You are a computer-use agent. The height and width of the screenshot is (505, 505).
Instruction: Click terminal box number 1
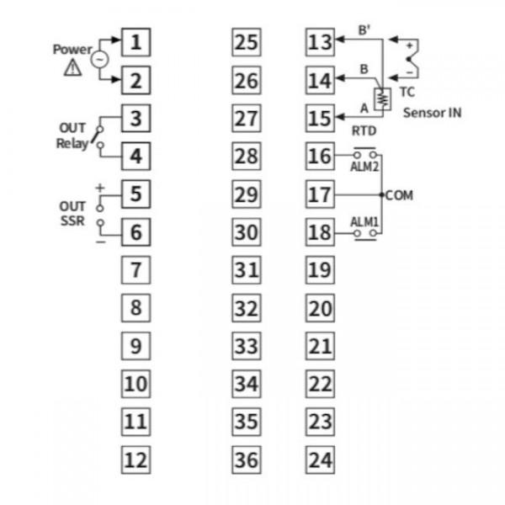click(136, 42)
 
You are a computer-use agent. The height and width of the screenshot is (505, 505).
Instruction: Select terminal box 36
click(247, 460)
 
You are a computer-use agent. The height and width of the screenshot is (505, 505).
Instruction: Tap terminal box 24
click(320, 460)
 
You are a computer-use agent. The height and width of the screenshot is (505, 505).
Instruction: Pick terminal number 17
click(320, 194)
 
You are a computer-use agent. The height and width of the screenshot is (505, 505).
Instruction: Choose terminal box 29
click(247, 194)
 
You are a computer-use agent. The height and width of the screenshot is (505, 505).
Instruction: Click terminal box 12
click(136, 460)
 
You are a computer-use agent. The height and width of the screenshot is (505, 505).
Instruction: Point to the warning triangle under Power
click(72, 67)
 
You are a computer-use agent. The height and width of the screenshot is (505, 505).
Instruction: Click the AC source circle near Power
click(99, 59)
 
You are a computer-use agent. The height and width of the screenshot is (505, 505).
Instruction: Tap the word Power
click(72, 50)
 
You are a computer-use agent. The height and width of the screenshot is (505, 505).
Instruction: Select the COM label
click(399, 195)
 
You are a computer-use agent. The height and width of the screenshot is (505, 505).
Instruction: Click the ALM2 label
click(364, 167)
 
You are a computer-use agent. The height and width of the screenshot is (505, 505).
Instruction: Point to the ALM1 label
click(364, 222)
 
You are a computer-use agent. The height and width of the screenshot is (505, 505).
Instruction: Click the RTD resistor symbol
click(383, 99)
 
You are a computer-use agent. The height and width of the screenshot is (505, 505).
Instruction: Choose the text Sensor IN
click(433, 113)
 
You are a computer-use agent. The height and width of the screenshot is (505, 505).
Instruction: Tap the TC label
click(407, 92)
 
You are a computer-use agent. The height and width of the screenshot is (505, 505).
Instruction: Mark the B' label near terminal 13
click(364, 30)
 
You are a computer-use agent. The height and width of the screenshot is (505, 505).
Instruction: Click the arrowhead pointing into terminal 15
click(340, 117)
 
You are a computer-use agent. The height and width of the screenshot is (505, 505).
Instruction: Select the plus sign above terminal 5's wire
click(100, 188)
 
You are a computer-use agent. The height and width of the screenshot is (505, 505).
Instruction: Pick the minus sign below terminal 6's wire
click(100, 242)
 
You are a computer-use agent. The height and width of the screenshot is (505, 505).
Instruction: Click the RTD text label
click(364, 130)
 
